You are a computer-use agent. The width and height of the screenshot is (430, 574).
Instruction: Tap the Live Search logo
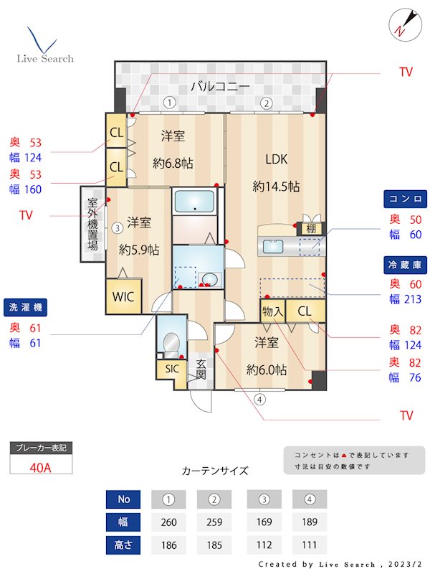pos(44,47)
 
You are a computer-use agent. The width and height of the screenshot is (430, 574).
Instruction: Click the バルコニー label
pos(220,88)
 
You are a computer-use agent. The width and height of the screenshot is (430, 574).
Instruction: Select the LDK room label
pos(276,159)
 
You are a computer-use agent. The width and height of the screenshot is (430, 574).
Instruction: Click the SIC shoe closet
pos(171,369)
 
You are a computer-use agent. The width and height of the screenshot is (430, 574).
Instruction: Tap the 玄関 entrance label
pos(201,369)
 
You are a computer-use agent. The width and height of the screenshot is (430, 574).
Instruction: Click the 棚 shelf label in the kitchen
pos(310,229)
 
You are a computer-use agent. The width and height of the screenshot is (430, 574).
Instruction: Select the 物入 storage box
pos(272,311)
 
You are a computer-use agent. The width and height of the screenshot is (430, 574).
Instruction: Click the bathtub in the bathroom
pos(195,201)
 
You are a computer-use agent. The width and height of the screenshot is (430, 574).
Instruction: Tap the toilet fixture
pos(171,345)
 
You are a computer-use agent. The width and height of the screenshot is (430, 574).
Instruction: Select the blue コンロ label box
pos(405,199)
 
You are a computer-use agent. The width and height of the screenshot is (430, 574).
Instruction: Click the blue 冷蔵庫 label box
pos(405,265)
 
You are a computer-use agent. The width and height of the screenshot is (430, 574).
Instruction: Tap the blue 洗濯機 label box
pos(25,307)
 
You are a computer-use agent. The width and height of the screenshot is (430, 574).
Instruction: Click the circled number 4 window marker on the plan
pos(260,400)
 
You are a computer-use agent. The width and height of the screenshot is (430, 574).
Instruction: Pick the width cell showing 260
pos(169,522)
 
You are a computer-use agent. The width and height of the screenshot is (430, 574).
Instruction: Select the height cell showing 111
pos(310,545)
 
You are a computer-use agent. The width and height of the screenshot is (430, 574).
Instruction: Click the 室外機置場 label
pos(92,223)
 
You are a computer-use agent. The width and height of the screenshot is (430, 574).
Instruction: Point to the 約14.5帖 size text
pos(276,187)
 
